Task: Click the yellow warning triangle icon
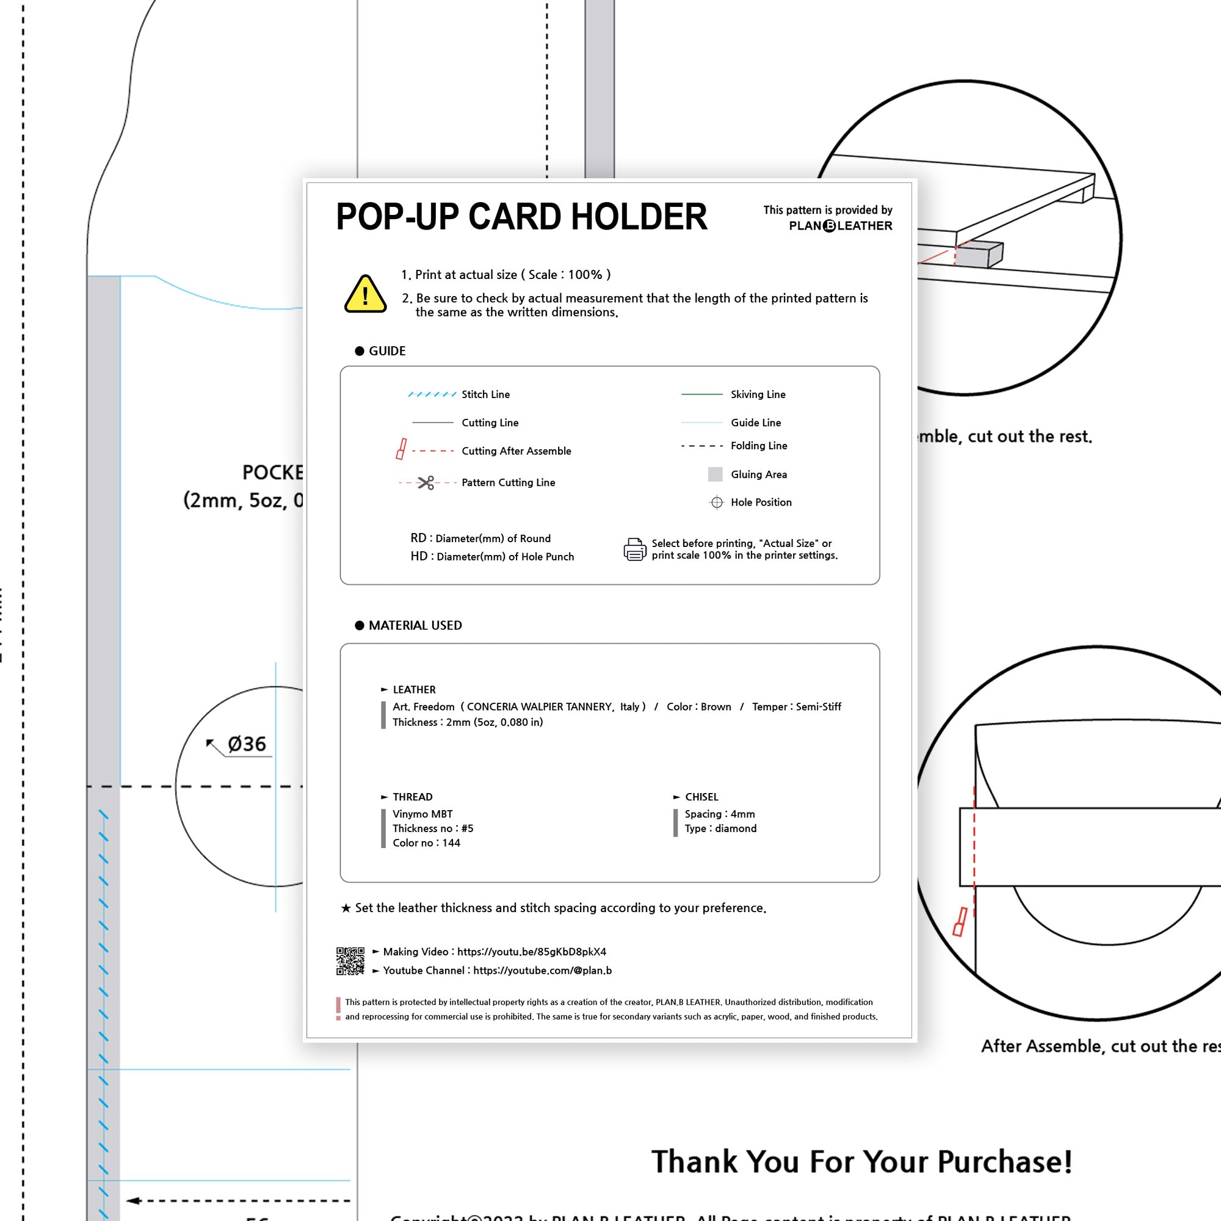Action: click(x=364, y=294)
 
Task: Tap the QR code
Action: click(x=350, y=960)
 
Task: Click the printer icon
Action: click(x=634, y=549)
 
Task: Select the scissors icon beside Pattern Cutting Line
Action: click(x=426, y=483)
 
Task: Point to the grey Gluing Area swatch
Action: click(x=715, y=474)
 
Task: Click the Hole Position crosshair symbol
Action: click(x=716, y=502)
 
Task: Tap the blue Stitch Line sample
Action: click(x=432, y=394)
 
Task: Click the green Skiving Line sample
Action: click(x=701, y=394)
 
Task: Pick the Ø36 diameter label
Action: click(x=247, y=744)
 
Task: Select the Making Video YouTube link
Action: click(x=532, y=952)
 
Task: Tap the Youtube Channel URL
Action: click(x=542, y=970)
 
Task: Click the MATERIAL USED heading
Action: click(x=415, y=625)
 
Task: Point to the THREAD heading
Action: click(x=412, y=797)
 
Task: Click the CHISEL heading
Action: click(x=701, y=797)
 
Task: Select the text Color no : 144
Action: click(x=426, y=842)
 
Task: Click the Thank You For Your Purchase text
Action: click(x=861, y=1161)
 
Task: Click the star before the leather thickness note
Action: click(x=346, y=908)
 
